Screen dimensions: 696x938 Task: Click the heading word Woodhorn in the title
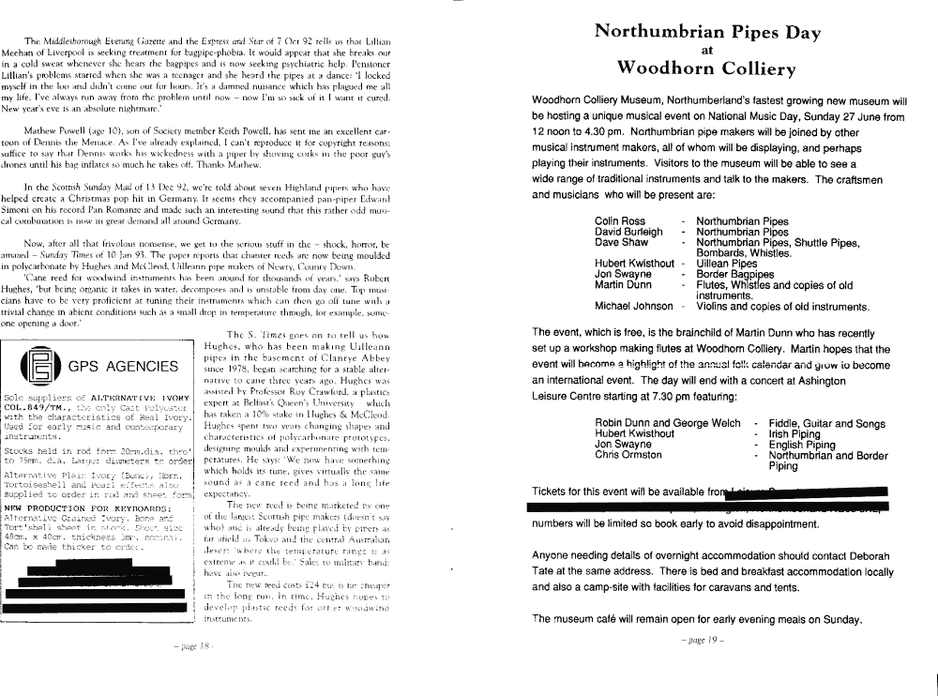pyautogui.click(x=664, y=68)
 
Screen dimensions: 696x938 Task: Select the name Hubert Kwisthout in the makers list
pyautogui.click(x=634, y=264)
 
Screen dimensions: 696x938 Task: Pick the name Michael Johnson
pyautogui.click(x=634, y=306)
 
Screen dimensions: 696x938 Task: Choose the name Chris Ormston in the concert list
pyautogui.click(x=628, y=455)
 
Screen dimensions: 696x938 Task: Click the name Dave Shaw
pyautogui.click(x=621, y=242)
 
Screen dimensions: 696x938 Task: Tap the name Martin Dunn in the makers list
pyautogui.click(x=623, y=284)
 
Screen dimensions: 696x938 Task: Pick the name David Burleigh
pyautogui.click(x=628, y=232)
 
